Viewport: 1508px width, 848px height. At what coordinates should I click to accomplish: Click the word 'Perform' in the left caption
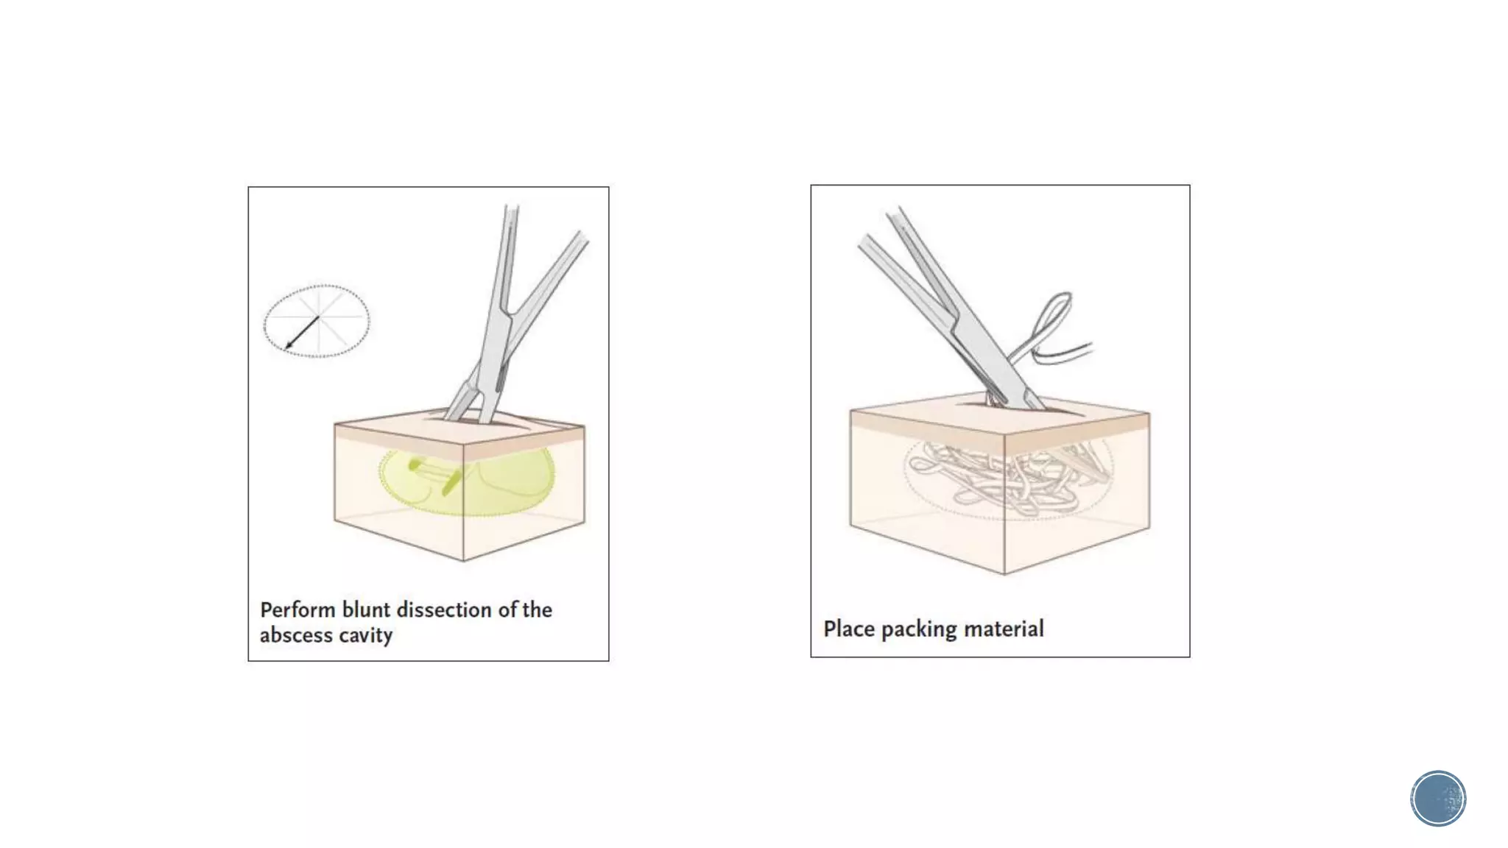[297, 610]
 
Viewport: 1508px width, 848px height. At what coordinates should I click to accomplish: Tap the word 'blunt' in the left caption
[366, 610]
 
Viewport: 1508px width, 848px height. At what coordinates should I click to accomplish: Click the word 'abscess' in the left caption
[296, 635]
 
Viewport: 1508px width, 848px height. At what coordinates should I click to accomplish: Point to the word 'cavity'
[365, 635]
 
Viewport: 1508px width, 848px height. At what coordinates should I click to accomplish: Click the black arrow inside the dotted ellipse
[302, 333]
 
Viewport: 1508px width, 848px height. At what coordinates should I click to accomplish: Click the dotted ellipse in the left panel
[317, 286]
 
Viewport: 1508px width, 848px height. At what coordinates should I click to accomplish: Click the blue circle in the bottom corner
[1438, 799]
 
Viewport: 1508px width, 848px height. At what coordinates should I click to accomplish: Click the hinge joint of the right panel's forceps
[956, 325]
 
